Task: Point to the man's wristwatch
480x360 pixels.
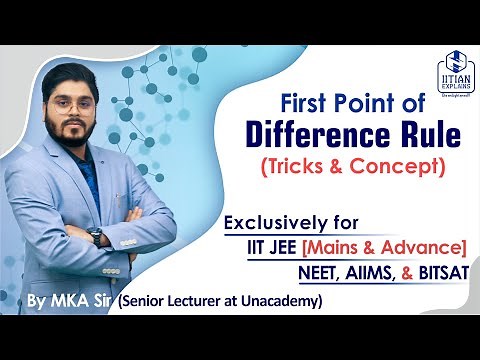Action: click(x=95, y=237)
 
